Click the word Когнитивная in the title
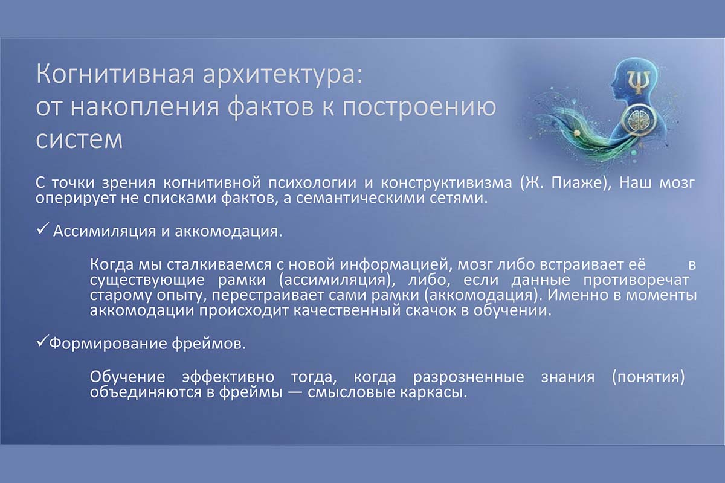(x=115, y=75)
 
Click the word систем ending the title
(x=79, y=139)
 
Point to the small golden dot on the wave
(x=576, y=133)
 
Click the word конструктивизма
(x=446, y=184)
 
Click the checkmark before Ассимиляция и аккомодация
(x=42, y=229)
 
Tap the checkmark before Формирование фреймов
(x=42, y=341)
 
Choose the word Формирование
(x=108, y=344)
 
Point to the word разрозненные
(x=468, y=377)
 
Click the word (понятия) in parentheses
(x=648, y=377)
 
